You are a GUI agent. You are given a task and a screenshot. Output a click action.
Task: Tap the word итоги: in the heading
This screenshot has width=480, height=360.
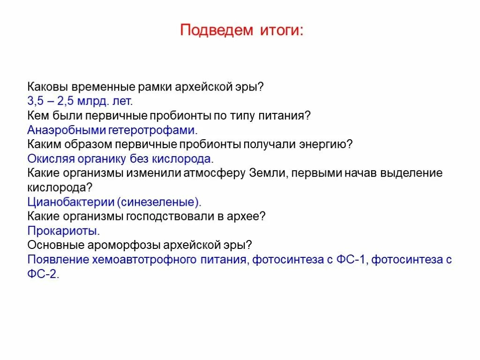tap(280, 30)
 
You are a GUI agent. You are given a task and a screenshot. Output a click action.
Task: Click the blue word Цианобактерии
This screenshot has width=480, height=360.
tap(71, 202)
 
